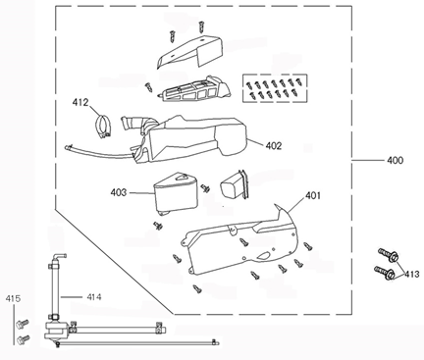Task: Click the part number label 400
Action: click(396, 158)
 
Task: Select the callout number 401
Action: click(313, 195)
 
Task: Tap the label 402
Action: click(273, 145)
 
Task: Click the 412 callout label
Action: click(80, 101)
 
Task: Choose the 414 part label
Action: click(93, 296)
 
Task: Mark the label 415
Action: click(12, 297)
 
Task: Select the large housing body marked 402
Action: click(201, 137)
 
